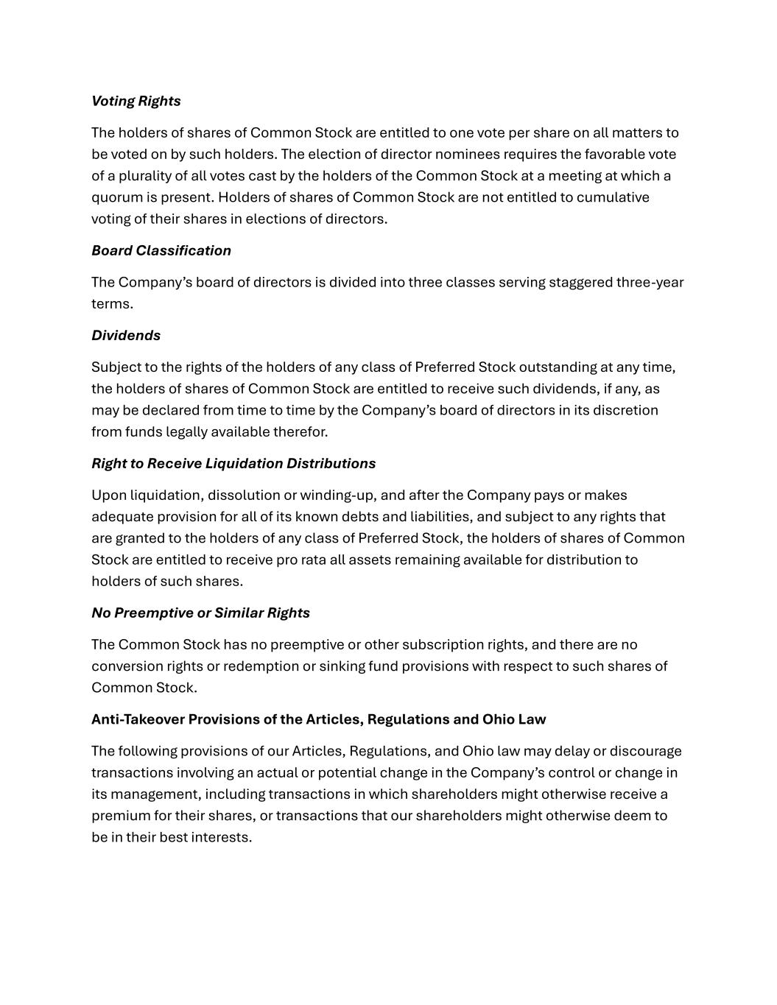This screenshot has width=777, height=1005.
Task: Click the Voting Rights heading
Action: (x=136, y=101)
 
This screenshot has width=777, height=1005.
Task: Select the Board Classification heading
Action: (x=161, y=250)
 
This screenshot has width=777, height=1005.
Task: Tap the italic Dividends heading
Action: (x=125, y=335)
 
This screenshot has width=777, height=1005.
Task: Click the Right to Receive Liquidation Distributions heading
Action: (x=233, y=463)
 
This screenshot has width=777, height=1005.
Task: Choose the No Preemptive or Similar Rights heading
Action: (x=200, y=613)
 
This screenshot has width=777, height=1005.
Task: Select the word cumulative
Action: (x=613, y=197)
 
